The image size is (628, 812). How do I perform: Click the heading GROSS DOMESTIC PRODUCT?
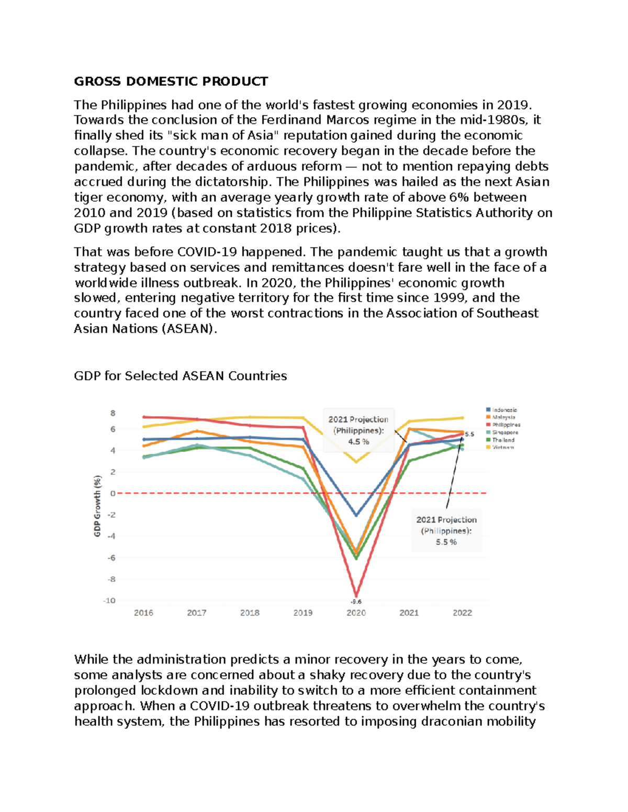[171, 82]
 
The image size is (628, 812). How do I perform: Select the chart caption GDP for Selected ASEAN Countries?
[180, 376]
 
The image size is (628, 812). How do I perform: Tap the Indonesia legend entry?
[503, 410]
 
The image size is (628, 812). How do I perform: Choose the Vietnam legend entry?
[502, 448]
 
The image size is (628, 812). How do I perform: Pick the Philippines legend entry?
[506, 425]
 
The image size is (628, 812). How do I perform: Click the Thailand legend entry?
[502, 440]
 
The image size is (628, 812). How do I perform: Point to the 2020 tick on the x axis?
[356, 613]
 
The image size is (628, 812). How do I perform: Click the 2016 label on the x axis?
[143, 613]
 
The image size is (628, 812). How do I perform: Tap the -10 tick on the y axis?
[109, 601]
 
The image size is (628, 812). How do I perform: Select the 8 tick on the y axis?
[113, 413]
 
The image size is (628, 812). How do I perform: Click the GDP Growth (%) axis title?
[97, 506]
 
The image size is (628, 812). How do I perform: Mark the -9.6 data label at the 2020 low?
[356, 602]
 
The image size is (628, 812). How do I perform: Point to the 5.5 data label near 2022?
[469, 434]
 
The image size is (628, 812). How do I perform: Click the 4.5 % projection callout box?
[358, 430]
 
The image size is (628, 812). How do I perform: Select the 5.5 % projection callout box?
[446, 531]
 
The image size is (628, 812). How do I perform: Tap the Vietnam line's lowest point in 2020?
[356, 462]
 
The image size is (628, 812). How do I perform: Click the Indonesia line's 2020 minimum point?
[356, 516]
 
